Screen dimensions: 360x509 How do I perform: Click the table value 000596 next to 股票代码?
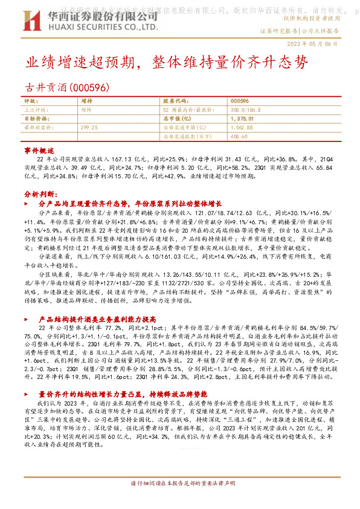pos(240,100)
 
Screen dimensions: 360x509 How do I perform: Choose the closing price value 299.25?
pos(89,128)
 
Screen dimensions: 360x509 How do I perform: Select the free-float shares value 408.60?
pos(240,137)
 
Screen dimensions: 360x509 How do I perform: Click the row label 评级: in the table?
pos(31,101)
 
